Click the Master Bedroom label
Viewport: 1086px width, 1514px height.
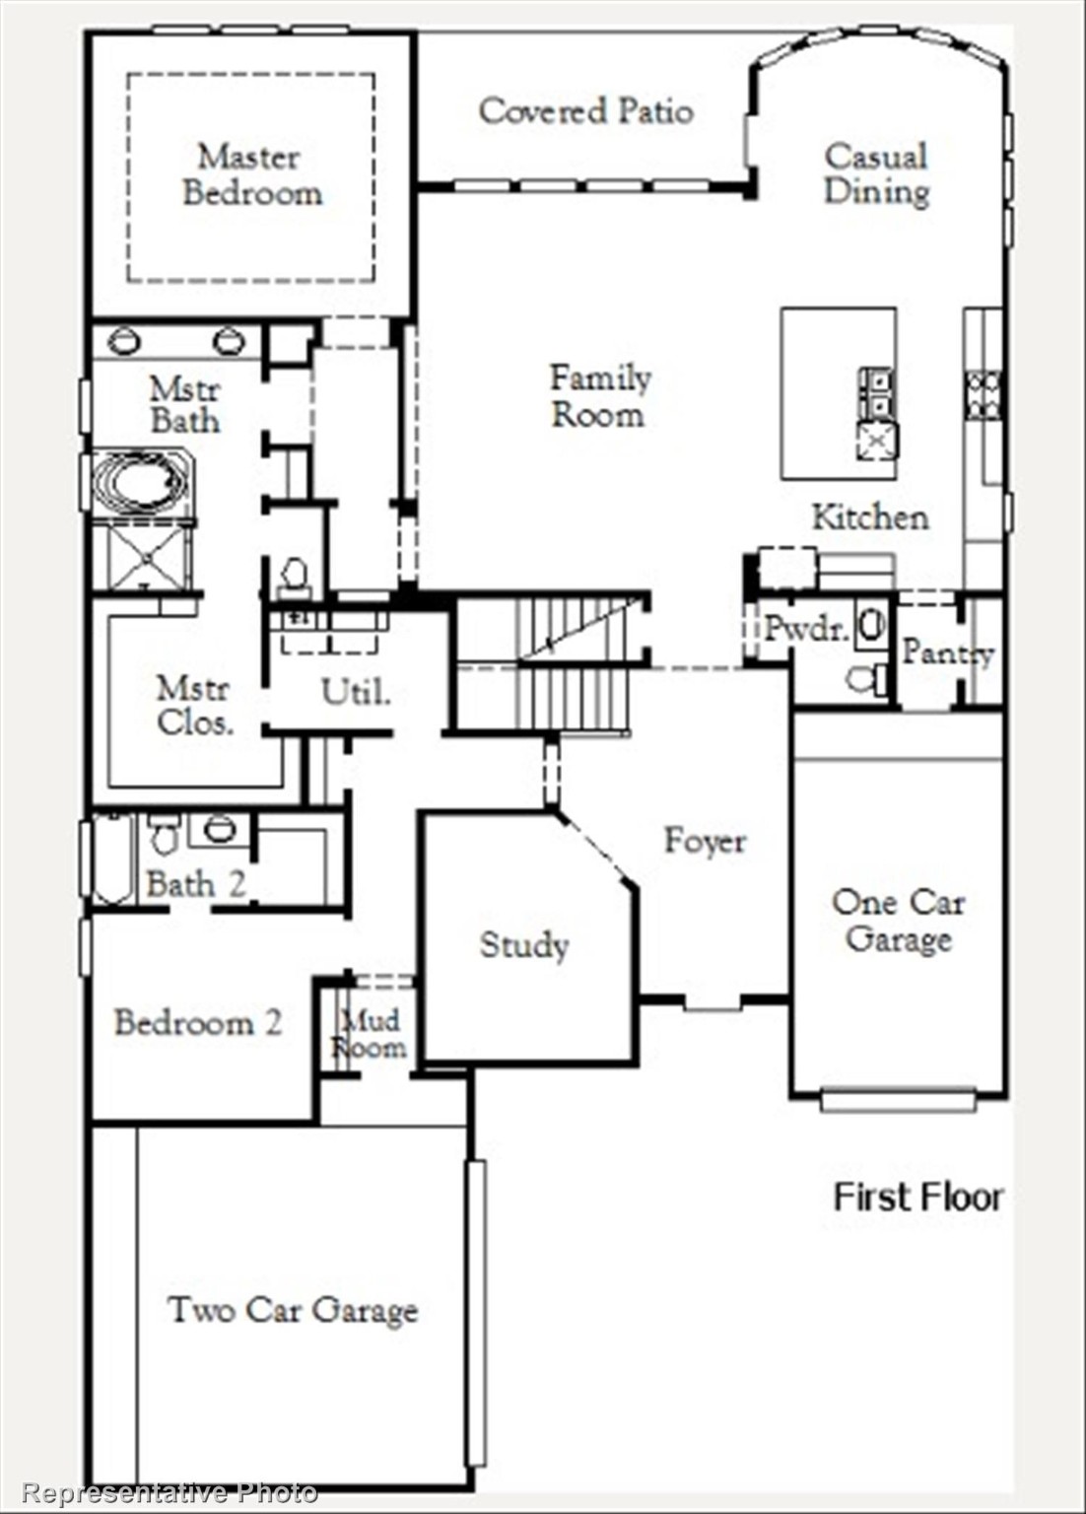coord(252,174)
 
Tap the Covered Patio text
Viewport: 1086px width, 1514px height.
coord(585,110)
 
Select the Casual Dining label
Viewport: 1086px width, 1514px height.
coord(876,173)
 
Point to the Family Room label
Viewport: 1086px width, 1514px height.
coord(599,395)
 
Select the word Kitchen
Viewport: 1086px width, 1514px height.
coord(869,516)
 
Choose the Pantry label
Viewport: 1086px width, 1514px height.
coord(946,652)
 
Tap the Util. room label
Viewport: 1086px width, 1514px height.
coord(356,692)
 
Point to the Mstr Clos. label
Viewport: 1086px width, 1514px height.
coord(194,705)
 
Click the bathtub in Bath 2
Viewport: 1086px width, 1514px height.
coord(112,858)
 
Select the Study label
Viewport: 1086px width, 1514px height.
coord(523,945)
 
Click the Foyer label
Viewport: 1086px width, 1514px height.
coord(704,841)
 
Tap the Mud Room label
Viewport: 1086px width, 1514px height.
coord(369,1033)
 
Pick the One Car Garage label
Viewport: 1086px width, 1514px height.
coord(898,921)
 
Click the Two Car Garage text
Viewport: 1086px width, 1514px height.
coord(293,1310)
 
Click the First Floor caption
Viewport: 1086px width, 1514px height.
coord(917,1197)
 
